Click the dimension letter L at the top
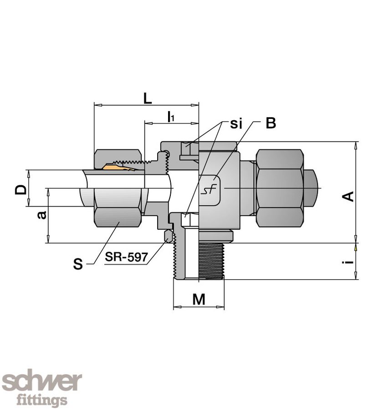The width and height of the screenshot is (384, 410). (148, 98)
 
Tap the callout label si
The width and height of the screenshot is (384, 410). (236, 123)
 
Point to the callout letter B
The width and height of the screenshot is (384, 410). (271, 123)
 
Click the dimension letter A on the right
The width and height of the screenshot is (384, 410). (348, 196)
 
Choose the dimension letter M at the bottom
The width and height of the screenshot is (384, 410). (199, 299)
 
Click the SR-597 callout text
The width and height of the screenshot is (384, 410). (127, 257)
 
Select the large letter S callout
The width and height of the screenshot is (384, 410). (78, 264)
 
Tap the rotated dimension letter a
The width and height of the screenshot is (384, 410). (42, 215)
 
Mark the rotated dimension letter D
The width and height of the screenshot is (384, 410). (20, 190)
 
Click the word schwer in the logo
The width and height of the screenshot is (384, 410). (42, 382)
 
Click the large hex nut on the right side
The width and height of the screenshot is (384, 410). (280, 188)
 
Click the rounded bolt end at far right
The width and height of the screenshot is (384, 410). (312, 188)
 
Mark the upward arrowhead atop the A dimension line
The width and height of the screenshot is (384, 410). (356, 145)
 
